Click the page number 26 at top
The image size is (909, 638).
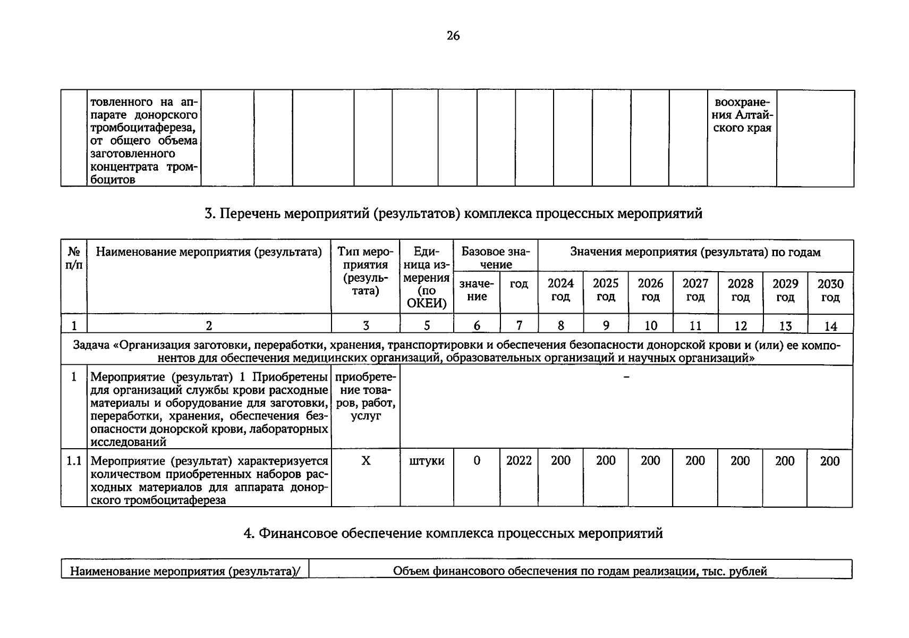coord(453,36)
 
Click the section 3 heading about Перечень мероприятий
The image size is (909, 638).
coord(453,214)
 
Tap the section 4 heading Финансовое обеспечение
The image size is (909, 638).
coord(453,533)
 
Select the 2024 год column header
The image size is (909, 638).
coord(560,290)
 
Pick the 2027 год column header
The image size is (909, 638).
coord(695,290)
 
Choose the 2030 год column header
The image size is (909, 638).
coord(830,290)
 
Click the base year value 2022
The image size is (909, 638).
coord(519,461)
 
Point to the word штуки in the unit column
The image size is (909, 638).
coord(427,461)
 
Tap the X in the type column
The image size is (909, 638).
coord(366,461)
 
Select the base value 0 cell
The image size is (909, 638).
coord(477,461)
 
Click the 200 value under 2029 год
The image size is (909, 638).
coord(785,461)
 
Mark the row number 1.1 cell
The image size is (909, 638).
coord(74,461)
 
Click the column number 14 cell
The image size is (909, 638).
coord(830,325)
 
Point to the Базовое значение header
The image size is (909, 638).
coord(495,258)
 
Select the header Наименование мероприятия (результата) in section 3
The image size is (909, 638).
coord(209,252)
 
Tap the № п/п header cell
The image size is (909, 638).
coord(74,258)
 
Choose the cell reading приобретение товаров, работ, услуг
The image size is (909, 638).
coord(366,397)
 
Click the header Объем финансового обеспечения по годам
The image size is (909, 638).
coord(580,572)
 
